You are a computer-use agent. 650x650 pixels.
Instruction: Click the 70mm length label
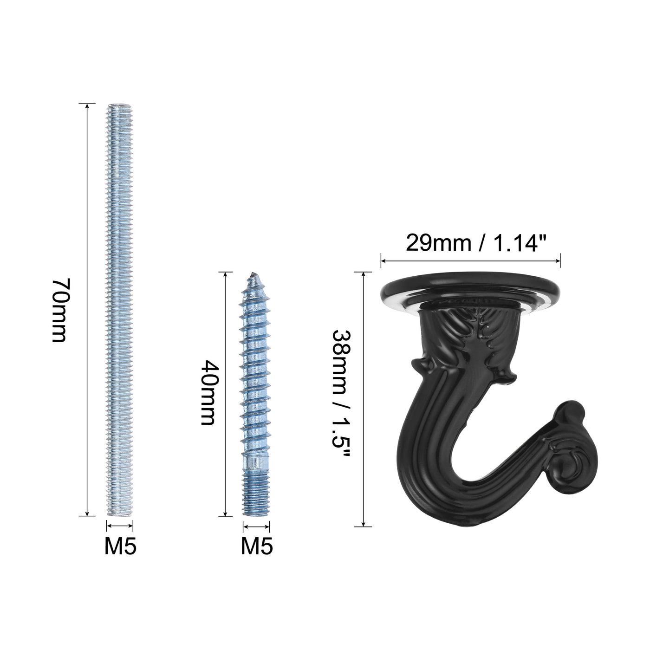(x=61, y=310)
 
